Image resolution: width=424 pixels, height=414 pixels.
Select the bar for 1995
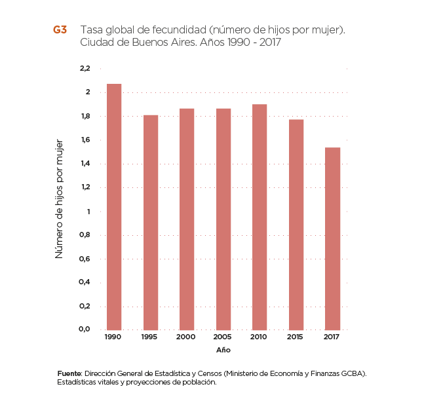coord(151,222)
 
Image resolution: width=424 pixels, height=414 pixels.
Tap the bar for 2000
coord(187,219)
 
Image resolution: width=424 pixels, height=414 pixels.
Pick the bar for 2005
coord(223,219)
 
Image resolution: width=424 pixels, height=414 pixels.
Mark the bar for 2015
coord(296,224)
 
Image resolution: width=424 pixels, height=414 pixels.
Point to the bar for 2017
coord(332,238)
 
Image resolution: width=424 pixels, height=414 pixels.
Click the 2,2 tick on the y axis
coord(85,68)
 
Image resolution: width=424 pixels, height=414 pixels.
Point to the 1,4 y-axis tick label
coord(85,164)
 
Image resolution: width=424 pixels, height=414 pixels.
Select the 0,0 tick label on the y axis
coord(85,329)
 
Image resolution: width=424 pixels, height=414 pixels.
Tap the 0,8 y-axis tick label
coord(85,235)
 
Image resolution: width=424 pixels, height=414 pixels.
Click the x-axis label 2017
coord(332,337)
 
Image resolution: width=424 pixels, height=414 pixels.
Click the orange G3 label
coord(60,31)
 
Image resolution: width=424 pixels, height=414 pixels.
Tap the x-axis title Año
coord(224,350)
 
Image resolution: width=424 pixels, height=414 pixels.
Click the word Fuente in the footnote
coord(69,373)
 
